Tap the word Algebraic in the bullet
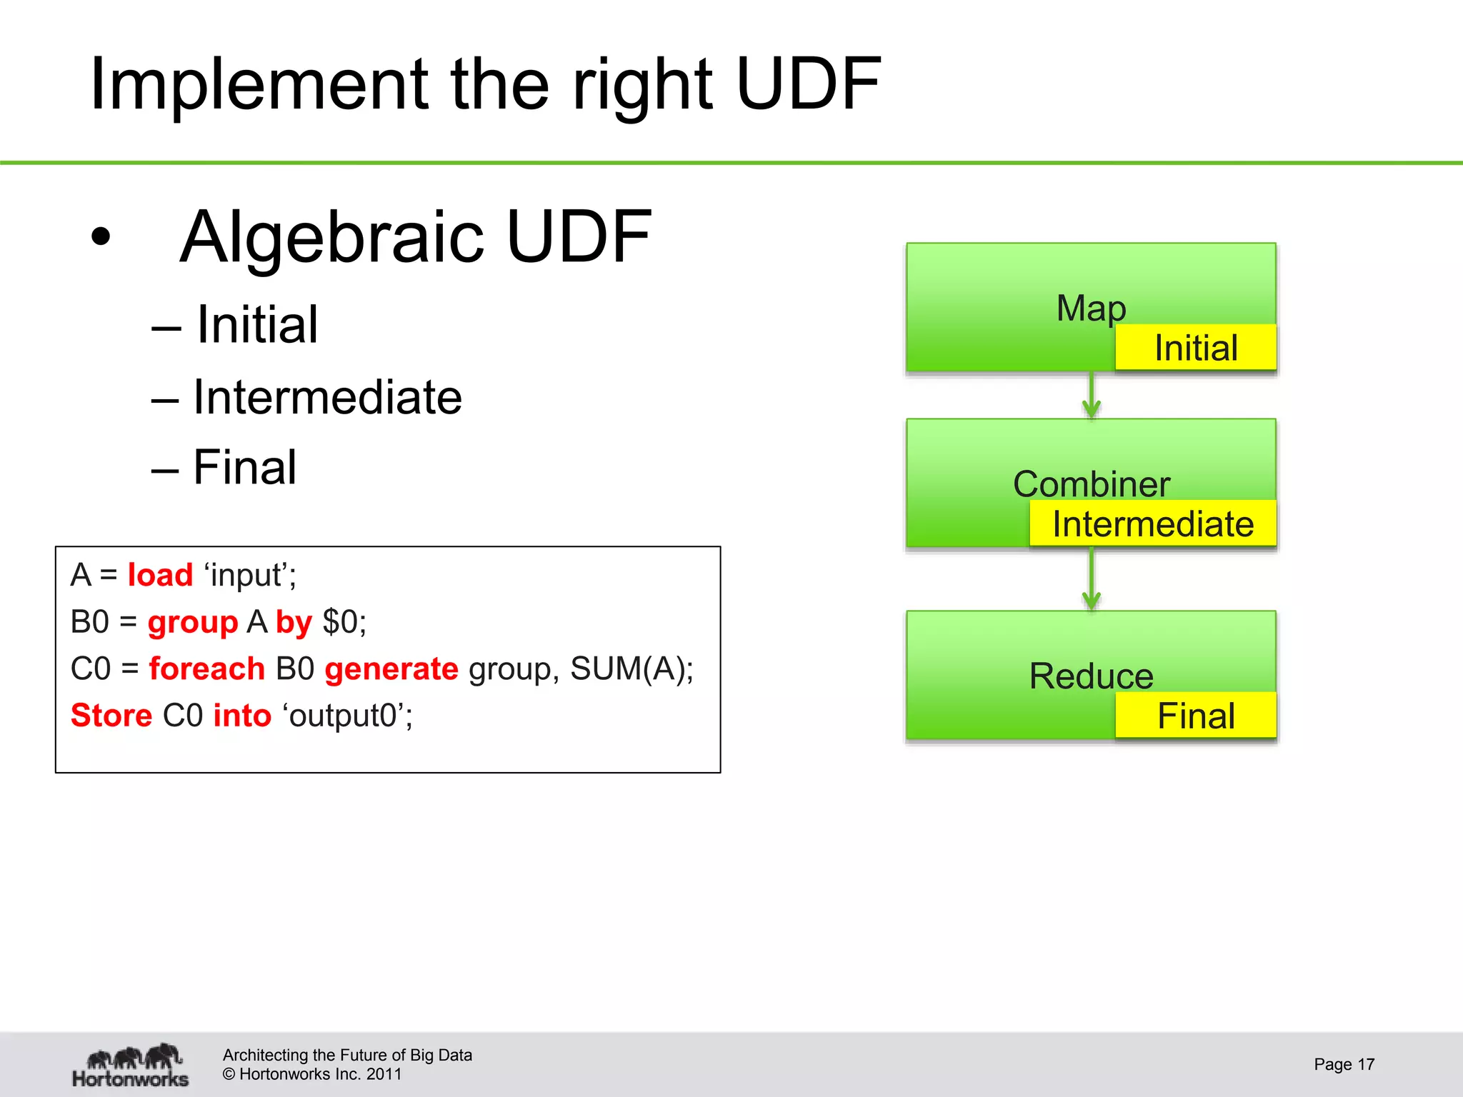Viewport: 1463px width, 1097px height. [x=333, y=237]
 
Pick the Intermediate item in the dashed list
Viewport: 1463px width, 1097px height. [x=327, y=397]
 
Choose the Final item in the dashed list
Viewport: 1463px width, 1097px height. [x=244, y=468]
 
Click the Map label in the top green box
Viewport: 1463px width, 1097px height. [x=1091, y=309]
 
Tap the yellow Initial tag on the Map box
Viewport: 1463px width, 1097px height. [x=1195, y=348]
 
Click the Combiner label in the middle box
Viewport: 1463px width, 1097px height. [x=1091, y=484]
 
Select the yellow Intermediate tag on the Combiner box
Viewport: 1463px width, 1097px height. [x=1152, y=524]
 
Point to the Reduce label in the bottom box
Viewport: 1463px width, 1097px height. [x=1091, y=676]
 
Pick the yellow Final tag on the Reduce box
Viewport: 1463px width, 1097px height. [x=1195, y=716]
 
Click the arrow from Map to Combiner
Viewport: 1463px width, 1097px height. [x=1091, y=396]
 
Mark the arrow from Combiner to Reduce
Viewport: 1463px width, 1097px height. [x=1091, y=579]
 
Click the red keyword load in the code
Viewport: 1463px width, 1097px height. [x=160, y=575]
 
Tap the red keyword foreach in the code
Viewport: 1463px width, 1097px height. [x=206, y=669]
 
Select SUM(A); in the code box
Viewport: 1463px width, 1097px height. [x=631, y=669]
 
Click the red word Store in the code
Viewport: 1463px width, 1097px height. [x=111, y=716]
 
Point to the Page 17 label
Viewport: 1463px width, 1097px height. [x=1344, y=1064]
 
